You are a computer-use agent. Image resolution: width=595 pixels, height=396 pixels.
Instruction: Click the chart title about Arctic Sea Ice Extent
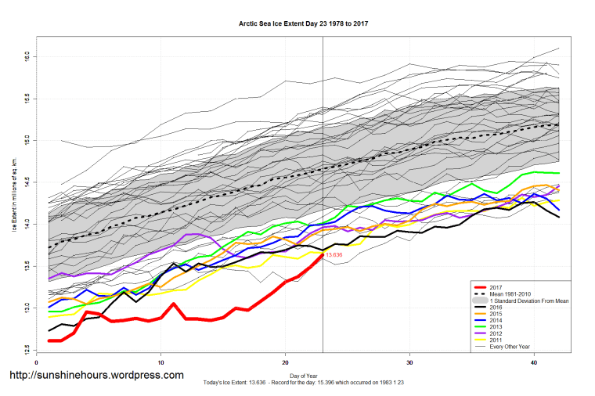tap(303, 23)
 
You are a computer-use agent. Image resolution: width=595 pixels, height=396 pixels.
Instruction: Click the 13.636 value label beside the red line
tap(334, 255)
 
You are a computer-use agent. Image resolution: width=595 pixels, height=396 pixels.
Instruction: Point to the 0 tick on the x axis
tap(38, 363)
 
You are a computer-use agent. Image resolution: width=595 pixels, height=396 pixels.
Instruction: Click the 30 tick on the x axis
tap(410, 363)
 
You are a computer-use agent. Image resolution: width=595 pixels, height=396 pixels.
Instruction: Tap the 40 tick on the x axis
tap(534, 363)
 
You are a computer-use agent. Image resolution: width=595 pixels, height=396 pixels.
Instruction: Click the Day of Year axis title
tap(303, 376)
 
